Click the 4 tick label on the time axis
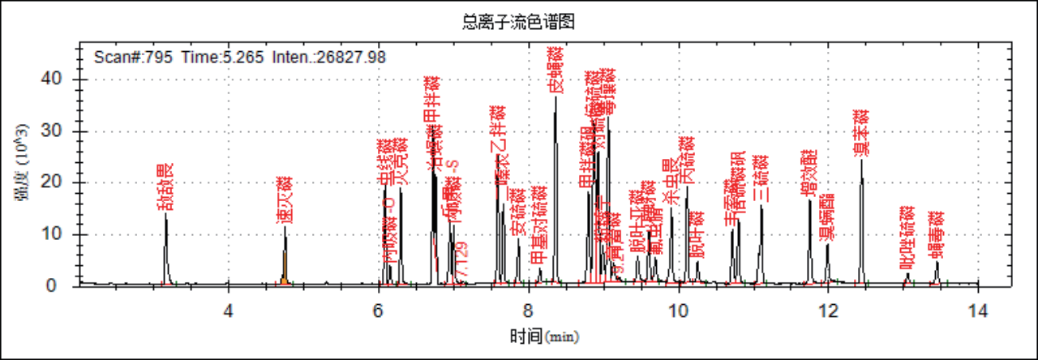click(229, 309)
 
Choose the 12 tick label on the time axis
click(828, 309)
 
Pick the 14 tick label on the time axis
click(978, 309)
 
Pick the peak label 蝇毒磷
click(937, 234)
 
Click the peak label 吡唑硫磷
click(907, 238)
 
